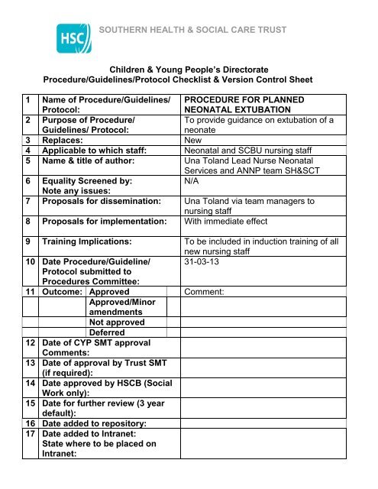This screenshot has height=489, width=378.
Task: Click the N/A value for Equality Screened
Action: tap(194, 183)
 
